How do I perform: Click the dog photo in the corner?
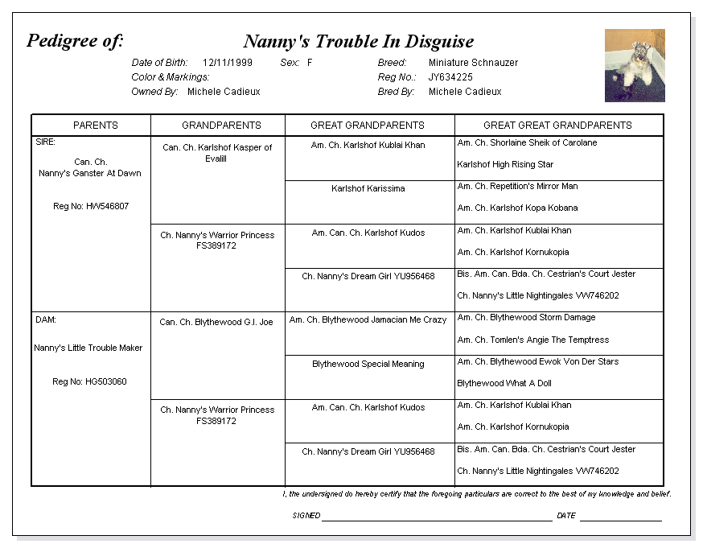click(635, 65)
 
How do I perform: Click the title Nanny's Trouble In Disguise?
click(358, 42)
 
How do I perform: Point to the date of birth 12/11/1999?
click(228, 63)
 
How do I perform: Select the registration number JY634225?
click(450, 77)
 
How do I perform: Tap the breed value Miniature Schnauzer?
click(473, 63)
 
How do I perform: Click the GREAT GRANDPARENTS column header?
click(368, 126)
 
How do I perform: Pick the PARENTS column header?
click(96, 126)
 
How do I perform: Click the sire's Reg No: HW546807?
click(91, 207)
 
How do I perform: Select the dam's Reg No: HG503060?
click(89, 381)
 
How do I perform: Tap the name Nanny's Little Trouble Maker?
click(88, 348)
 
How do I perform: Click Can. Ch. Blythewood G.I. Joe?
click(216, 323)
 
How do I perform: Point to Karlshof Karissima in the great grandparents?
click(368, 189)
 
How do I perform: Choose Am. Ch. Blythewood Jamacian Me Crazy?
click(368, 320)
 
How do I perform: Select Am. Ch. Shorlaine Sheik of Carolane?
click(527, 143)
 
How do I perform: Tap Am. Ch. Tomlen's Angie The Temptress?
click(532, 340)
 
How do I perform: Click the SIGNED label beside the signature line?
click(306, 516)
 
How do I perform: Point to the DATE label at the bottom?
click(566, 516)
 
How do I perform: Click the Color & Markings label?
click(171, 77)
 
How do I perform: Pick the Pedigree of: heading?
click(75, 41)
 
